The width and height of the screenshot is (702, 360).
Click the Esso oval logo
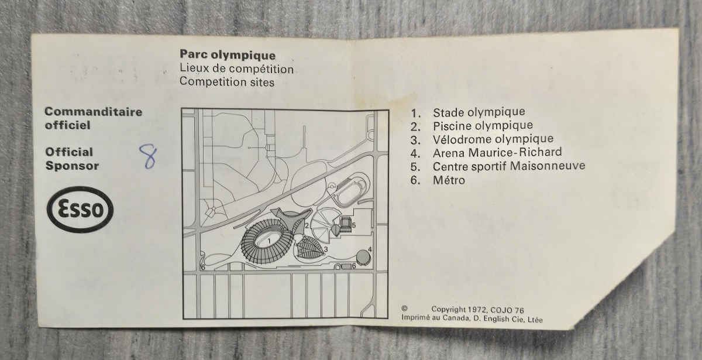click(80, 209)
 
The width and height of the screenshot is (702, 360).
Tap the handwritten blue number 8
click(148, 156)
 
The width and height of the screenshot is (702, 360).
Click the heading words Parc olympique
click(228, 55)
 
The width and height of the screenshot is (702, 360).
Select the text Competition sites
click(227, 82)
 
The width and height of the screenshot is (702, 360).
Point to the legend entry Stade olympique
click(479, 112)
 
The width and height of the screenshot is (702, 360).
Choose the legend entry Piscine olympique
click(483, 126)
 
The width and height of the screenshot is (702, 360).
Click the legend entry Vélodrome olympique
click(493, 139)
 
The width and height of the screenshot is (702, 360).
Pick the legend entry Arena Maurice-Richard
click(497, 153)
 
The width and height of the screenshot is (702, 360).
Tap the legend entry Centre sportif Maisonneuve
click(509, 166)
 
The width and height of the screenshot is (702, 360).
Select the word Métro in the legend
click(449, 180)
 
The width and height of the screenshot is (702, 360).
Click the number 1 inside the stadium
click(269, 241)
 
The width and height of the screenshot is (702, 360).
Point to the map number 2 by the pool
click(307, 225)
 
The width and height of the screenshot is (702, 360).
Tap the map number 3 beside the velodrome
click(326, 249)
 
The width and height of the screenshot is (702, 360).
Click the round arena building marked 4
click(363, 257)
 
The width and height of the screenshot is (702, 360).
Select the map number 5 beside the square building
click(354, 225)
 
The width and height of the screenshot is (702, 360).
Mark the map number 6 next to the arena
click(354, 266)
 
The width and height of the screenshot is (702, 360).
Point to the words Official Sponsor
click(72, 159)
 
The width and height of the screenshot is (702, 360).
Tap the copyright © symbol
click(405, 308)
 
